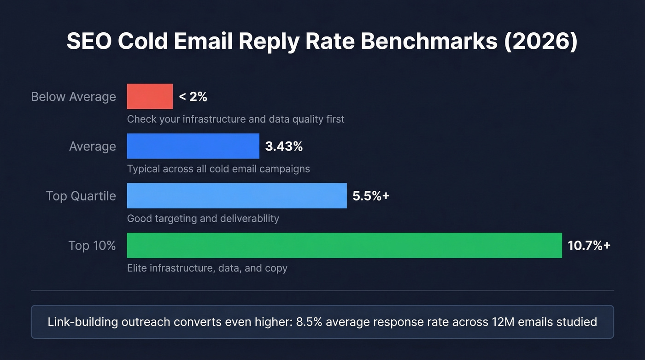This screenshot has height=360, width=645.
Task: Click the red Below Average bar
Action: [x=150, y=96]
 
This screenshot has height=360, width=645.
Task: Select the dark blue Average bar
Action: [x=193, y=146]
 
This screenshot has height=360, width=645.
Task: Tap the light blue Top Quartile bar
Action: [x=236, y=195]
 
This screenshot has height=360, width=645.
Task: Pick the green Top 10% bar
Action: [x=344, y=245]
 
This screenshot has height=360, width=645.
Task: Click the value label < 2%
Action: [x=193, y=97]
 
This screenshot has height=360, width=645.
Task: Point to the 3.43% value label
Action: [x=284, y=147]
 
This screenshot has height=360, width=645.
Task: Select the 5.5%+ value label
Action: [x=371, y=196]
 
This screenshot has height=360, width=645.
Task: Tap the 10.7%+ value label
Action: [x=589, y=246]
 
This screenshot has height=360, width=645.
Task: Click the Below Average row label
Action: [x=73, y=97]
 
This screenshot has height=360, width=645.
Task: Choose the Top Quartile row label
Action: [x=81, y=196]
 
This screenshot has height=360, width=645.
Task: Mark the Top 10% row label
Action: [x=92, y=245]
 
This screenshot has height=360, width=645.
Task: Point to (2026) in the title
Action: [x=540, y=41]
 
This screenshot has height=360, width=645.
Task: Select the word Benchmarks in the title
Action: [x=430, y=41]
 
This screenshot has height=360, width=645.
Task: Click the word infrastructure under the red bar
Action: [x=214, y=119]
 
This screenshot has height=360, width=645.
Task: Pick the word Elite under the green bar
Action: [x=137, y=268]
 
